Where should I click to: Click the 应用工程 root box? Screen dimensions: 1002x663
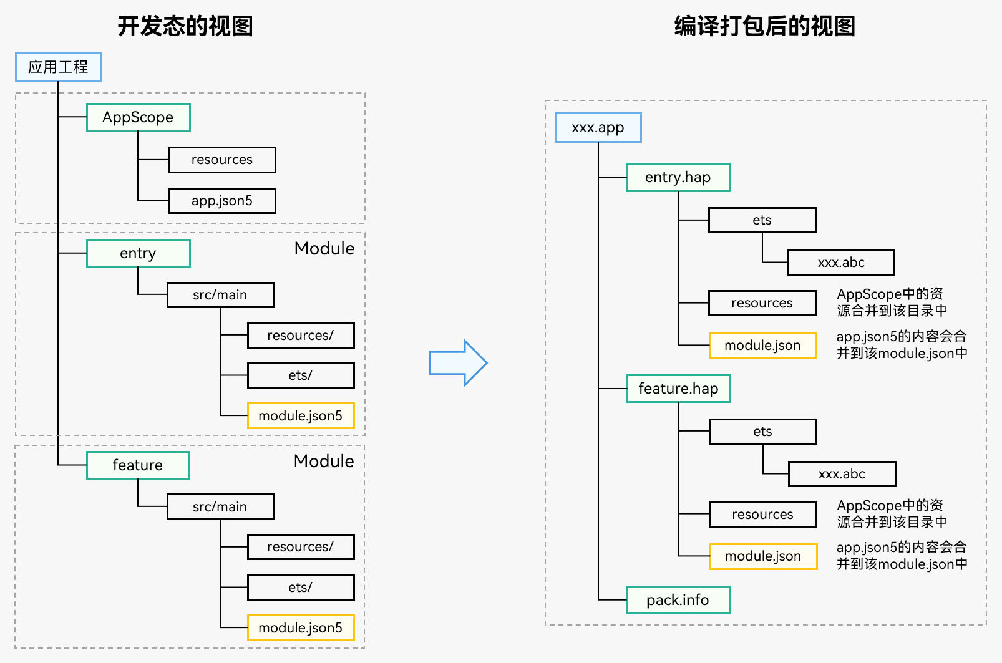[59, 67]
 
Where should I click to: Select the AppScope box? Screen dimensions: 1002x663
[139, 117]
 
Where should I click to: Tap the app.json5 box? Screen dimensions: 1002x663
[222, 201]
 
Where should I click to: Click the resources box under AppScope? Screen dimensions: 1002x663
[222, 160]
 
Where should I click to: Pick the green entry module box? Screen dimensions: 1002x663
[139, 253]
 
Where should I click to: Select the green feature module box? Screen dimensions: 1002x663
[138, 465]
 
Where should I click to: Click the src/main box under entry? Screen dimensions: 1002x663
[220, 294]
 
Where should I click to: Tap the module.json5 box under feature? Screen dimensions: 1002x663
[301, 627]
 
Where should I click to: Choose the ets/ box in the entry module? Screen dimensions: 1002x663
[301, 375]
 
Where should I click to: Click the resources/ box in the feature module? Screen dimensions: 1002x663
[301, 547]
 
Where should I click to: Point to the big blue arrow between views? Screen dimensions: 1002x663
[458, 362]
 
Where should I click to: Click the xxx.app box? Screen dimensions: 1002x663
[598, 127]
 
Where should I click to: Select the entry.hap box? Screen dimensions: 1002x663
[678, 178]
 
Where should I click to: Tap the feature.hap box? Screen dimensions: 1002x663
[679, 389]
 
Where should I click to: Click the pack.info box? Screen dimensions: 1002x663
[678, 600]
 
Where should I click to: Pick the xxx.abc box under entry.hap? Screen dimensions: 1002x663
[842, 263]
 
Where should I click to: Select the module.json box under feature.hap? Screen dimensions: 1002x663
[764, 556]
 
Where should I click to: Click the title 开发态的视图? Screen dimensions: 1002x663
[186, 26]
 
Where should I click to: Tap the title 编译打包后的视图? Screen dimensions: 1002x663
[765, 26]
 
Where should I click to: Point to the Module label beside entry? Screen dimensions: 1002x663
[324, 249]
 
